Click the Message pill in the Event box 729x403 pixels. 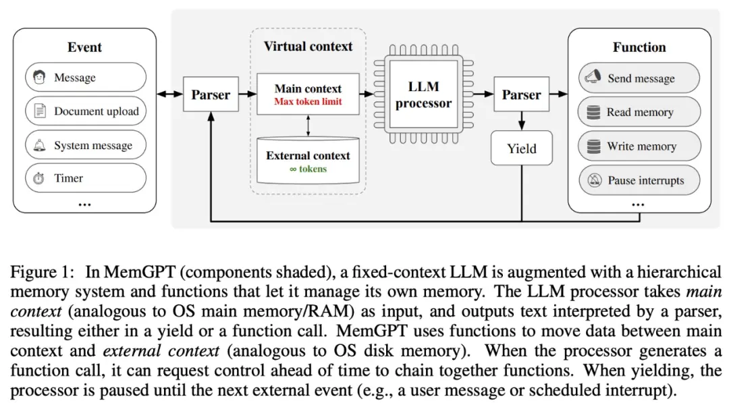tap(85, 78)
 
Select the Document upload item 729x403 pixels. tap(85, 111)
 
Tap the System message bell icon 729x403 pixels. tap(39, 145)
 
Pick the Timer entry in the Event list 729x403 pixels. tap(85, 178)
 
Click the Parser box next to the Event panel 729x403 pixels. tap(210, 95)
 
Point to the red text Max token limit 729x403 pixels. tap(308, 102)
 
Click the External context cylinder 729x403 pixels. tap(308, 161)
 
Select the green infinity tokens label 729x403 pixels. tap(308, 169)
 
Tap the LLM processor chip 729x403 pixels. tap(423, 95)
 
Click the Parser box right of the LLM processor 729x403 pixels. tap(521, 95)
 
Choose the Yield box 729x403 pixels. tap(521, 149)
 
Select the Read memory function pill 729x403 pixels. tap(639, 112)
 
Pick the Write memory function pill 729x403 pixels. tap(639, 146)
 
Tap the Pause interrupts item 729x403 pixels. tap(639, 180)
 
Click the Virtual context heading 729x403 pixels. tap(308, 47)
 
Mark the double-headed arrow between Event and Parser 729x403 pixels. tap(169, 95)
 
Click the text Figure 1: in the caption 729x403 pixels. tap(41, 273)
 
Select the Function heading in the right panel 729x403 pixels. tap(639, 47)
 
